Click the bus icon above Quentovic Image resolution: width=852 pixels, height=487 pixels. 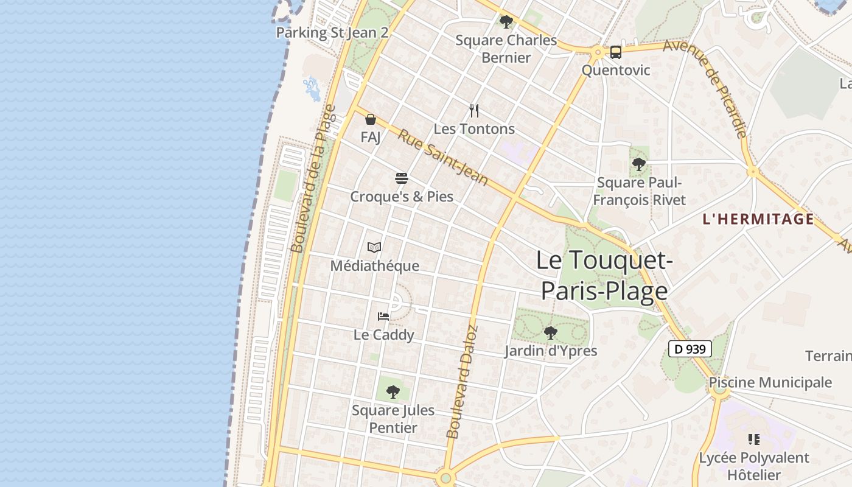click(616, 52)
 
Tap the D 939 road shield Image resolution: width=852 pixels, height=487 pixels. click(690, 349)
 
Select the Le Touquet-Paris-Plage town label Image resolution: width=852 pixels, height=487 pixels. click(604, 276)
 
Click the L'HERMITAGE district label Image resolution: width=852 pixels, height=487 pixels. click(758, 219)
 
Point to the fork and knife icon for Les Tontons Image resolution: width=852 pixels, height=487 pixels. click(474, 111)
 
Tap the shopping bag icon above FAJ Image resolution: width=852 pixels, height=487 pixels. click(370, 119)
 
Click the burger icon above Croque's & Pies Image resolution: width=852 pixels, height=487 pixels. click(402, 178)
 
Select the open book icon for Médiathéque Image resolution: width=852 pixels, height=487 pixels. click(374, 247)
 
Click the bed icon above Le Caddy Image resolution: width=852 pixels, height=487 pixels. click(383, 316)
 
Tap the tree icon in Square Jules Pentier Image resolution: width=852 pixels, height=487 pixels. click(393, 391)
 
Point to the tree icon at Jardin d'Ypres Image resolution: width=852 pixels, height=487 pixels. click(551, 332)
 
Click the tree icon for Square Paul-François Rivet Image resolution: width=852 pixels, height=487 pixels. click(639, 164)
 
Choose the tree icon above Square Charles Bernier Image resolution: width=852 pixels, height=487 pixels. click(506, 22)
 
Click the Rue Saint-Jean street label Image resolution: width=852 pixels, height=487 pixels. click(443, 157)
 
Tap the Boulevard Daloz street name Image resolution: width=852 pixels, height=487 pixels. click(462, 382)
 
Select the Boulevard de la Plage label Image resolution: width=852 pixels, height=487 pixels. click(313, 178)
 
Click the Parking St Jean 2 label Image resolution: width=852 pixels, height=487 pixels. click(332, 32)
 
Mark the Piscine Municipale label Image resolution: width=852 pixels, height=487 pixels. click(770, 382)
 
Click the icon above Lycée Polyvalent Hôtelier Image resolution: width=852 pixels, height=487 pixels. click(754, 439)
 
